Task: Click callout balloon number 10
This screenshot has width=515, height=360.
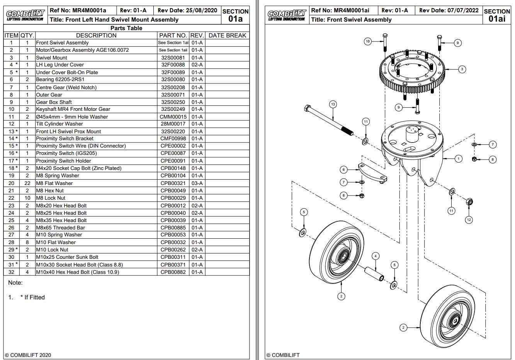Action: point(367,41)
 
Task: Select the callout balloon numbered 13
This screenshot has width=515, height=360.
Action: point(333,104)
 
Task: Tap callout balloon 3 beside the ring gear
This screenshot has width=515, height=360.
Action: point(462,70)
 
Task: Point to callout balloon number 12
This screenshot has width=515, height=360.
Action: point(469,220)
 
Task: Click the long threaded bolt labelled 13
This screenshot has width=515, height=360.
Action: point(328,120)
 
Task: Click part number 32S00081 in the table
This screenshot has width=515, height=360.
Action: point(173,58)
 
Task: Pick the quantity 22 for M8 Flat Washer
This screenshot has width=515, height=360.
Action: point(27,183)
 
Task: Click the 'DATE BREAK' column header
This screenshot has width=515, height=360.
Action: point(227,35)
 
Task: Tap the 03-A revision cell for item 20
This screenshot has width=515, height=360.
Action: point(197,183)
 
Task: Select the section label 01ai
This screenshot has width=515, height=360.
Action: point(497,19)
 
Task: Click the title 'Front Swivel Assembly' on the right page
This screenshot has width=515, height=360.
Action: point(351,20)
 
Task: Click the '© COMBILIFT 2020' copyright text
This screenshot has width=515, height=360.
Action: point(28,355)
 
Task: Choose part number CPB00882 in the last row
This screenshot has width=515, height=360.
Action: point(173,272)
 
